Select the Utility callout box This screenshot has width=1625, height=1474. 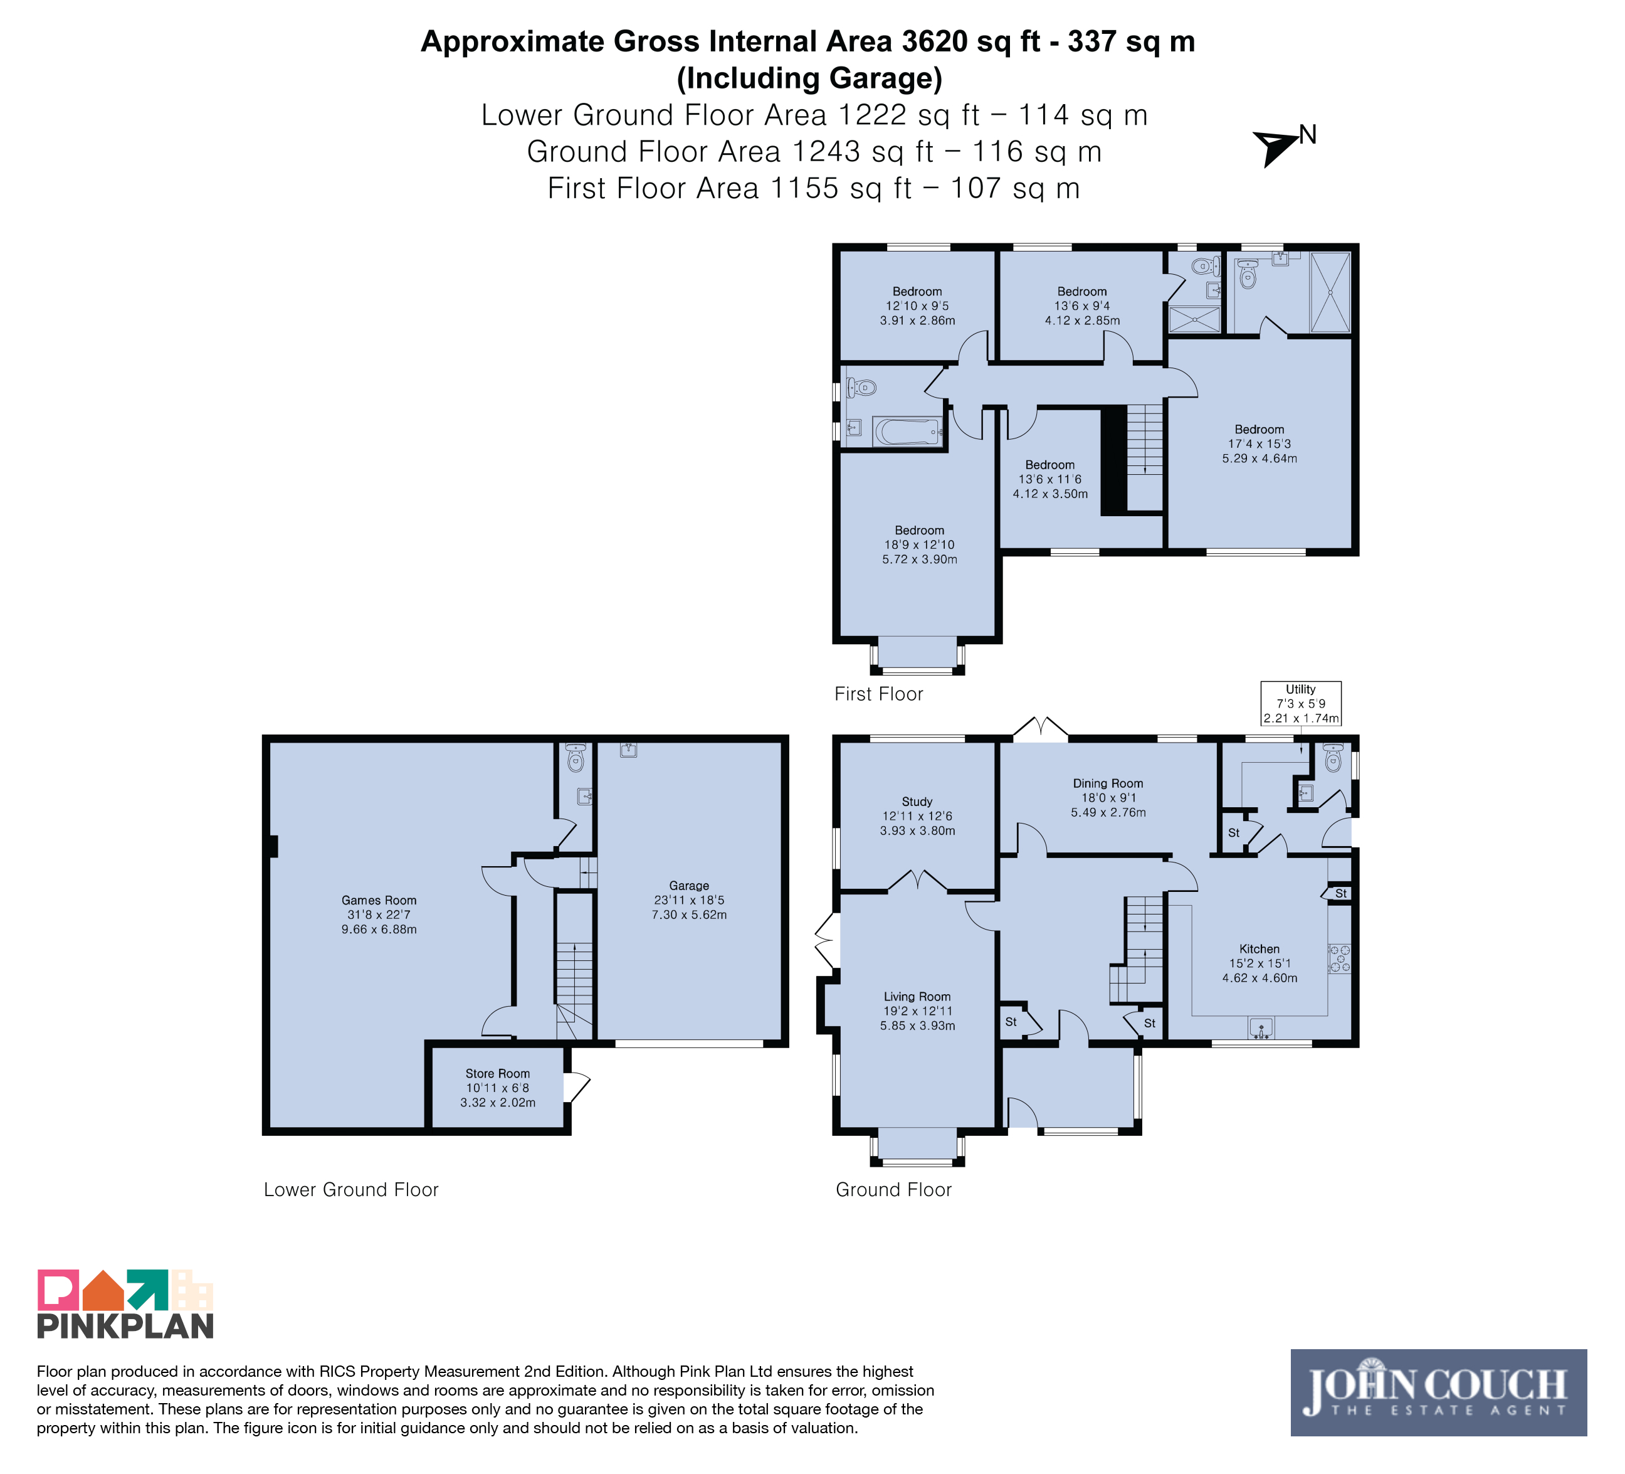tap(1301, 703)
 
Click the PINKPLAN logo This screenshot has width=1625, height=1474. tap(125, 1305)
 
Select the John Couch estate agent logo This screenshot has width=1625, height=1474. tap(1439, 1392)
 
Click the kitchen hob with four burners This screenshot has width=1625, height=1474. tap(1340, 959)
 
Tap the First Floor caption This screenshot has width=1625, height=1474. tap(878, 694)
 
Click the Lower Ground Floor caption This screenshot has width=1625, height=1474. tap(350, 1189)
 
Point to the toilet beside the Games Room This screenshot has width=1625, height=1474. tap(576, 757)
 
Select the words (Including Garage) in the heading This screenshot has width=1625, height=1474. tap(809, 78)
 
